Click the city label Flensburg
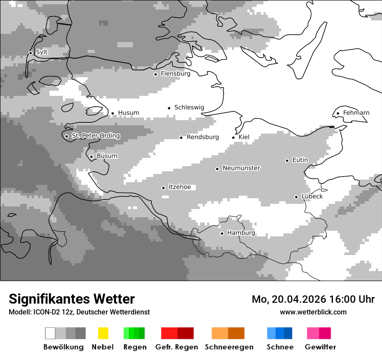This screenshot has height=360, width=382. (x=175, y=74)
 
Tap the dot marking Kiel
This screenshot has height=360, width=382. (x=234, y=137)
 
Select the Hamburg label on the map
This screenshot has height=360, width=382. (x=241, y=233)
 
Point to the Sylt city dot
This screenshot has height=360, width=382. (x=30, y=53)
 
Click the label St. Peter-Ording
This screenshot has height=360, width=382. (x=95, y=136)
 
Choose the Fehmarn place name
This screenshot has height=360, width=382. (x=356, y=113)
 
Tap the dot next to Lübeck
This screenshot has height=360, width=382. (x=296, y=197)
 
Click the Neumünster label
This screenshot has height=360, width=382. (x=241, y=168)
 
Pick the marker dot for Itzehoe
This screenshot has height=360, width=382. (x=163, y=188)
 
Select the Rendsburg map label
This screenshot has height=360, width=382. (x=202, y=137)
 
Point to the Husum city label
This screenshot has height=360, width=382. (x=128, y=113)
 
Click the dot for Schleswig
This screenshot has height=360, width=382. (x=169, y=108)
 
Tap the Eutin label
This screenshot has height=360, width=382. (x=300, y=160)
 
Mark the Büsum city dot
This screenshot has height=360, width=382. (x=91, y=157)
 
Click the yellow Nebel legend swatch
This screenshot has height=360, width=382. (x=103, y=333)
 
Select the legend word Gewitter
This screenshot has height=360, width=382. (x=320, y=347)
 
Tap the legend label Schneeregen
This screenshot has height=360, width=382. (x=229, y=347)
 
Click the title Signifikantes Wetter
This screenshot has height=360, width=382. (x=72, y=299)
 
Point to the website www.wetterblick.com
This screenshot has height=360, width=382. (x=313, y=312)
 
